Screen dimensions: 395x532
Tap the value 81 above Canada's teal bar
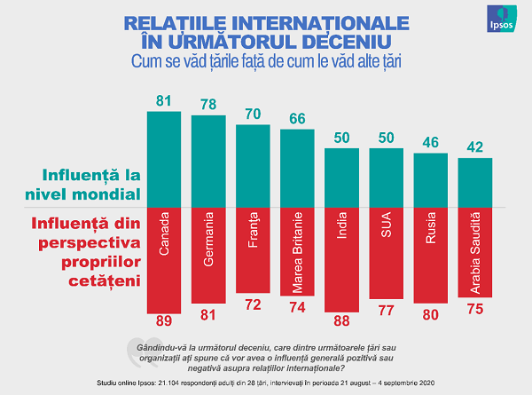[x=163, y=101]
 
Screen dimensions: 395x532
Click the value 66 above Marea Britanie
[x=297, y=119]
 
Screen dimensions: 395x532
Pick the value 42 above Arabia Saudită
[x=474, y=147]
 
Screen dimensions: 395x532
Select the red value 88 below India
[x=341, y=320]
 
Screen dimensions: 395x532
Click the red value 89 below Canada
[x=163, y=321]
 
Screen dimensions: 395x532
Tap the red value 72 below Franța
[x=253, y=304]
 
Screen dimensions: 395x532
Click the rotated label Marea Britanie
[x=297, y=252]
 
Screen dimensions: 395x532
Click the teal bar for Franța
[x=253, y=165]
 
